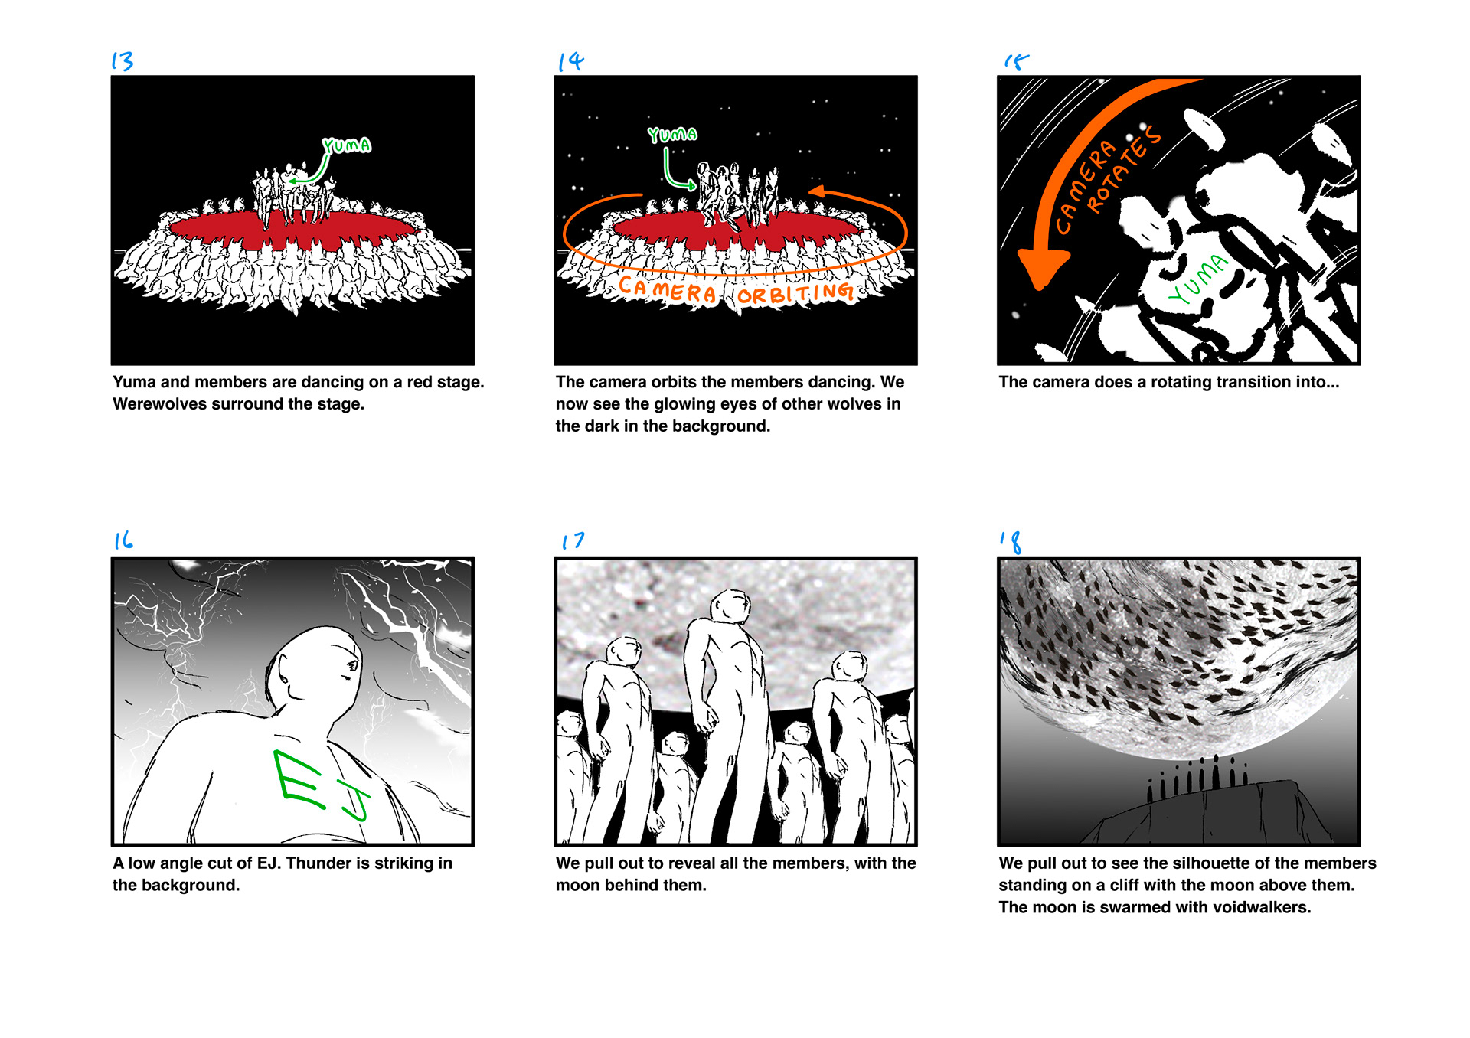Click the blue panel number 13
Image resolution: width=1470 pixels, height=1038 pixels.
(122, 60)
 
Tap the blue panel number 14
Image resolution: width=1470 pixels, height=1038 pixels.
(570, 61)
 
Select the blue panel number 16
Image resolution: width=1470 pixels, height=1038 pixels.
(123, 540)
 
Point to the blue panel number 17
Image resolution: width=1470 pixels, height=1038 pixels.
(573, 541)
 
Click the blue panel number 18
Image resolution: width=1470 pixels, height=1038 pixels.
(1011, 542)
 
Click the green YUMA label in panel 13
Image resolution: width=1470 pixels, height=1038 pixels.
(347, 145)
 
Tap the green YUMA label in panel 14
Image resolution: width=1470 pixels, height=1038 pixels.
(672, 135)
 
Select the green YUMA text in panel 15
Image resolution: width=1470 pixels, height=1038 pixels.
(1197, 279)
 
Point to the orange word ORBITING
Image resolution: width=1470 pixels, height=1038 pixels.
(795, 293)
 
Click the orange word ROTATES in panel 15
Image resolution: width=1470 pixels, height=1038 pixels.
(1124, 170)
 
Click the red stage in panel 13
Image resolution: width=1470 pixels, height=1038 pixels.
(293, 227)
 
